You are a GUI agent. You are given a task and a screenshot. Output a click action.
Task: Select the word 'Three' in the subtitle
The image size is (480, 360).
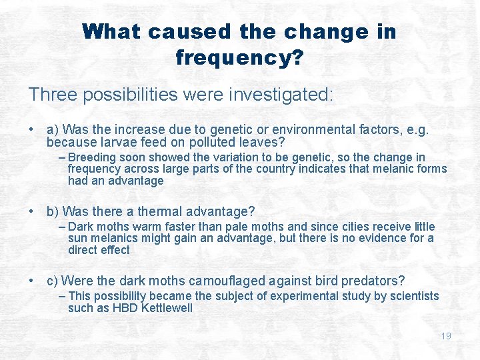pyautogui.click(x=55, y=95)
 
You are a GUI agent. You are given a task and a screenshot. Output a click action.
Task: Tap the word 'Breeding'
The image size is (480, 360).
pyautogui.click(x=91, y=157)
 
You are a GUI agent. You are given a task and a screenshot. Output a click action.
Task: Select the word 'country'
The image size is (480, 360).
pyautogui.click(x=274, y=169)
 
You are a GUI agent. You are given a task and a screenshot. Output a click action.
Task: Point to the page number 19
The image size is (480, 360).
pyautogui.click(x=446, y=336)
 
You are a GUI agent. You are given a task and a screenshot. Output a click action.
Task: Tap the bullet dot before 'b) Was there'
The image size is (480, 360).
pyautogui.click(x=32, y=212)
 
